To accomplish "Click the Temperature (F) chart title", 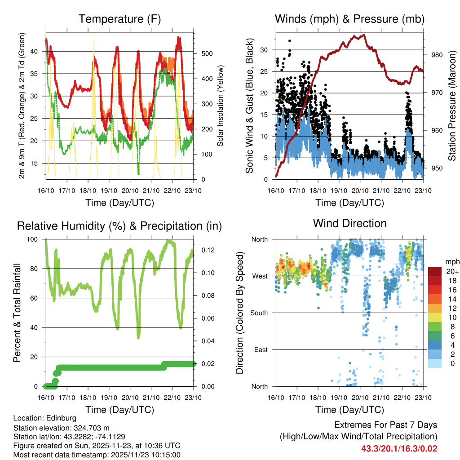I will click(x=119, y=19).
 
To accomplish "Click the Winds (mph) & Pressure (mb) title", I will click(x=349, y=19).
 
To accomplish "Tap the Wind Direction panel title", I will click(x=349, y=223).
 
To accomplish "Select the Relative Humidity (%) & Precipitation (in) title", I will click(x=119, y=226).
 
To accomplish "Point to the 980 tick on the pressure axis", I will click(x=438, y=55).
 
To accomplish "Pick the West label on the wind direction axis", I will click(x=259, y=276).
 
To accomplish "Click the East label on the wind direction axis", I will click(x=260, y=349).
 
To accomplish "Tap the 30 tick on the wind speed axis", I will click(x=265, y=50).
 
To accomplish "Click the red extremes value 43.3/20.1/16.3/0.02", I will click(x=399, y=448).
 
